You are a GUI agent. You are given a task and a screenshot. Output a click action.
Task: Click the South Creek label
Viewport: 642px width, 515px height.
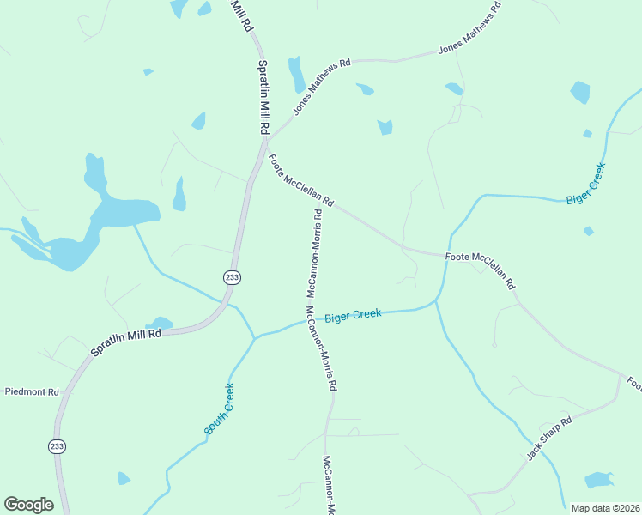pyautogui.click(x=219, y=409)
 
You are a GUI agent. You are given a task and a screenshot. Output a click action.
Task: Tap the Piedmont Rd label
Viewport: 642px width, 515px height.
pyautogui.click(x=32, y=392)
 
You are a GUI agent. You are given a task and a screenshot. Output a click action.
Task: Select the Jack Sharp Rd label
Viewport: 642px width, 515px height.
pyautogui.click(x=549, y=439)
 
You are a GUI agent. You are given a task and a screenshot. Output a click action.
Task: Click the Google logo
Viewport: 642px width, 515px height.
pyautogui.click(x=28, y=505)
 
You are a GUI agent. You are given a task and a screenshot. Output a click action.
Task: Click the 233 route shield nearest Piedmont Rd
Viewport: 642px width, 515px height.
pyautogui.click(x=57, y=446)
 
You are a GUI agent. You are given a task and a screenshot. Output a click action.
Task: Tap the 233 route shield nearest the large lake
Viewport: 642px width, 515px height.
pyautogui.click(x=232, y=276)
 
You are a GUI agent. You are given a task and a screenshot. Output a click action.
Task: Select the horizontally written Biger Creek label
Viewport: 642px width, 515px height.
pyautogui.click(x=353, y=316)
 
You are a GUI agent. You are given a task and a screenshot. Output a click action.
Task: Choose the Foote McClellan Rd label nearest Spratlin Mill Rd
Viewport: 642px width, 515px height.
pyautogui.click(x=300, y=180)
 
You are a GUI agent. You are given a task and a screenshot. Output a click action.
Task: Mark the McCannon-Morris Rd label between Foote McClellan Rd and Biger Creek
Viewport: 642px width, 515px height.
pyautogui.click(x=313, y=253)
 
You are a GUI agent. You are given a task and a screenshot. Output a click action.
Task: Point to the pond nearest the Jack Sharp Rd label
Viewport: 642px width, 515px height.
pyautogui.click(x=599, y=480)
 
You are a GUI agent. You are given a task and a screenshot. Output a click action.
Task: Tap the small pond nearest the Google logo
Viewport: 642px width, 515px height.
pyautogui.click(x=124, y=478)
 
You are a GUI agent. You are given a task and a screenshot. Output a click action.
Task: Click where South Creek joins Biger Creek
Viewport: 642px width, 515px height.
pyautogui.click(x=255, y=337)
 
